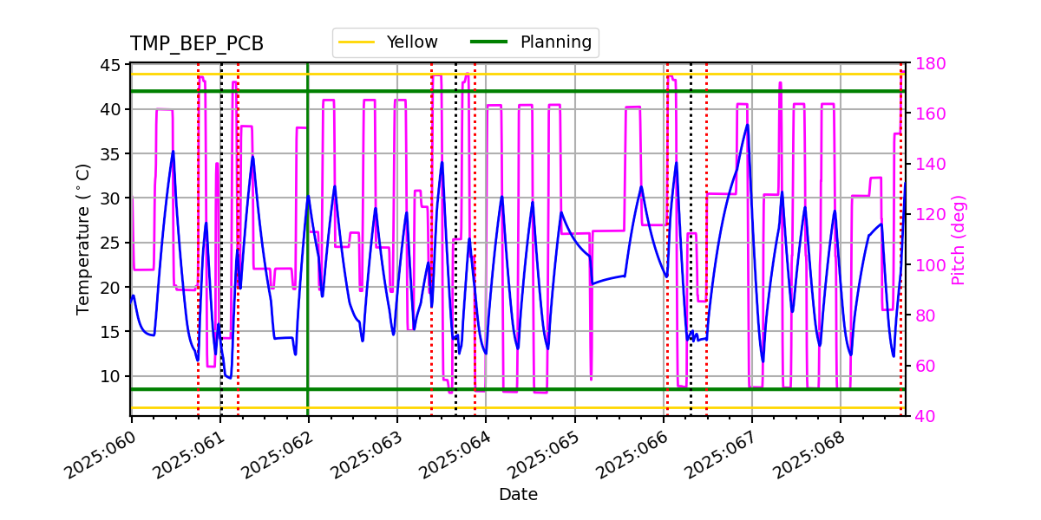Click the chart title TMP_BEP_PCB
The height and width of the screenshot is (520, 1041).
pos(197,44)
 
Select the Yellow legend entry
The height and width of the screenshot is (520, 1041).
pos(411,42)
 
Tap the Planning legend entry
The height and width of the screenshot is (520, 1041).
pos(555,42)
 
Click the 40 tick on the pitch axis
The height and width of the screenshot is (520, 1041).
pos(925,417)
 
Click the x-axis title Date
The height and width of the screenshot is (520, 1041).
pos(518,495)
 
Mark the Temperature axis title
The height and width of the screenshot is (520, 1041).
pos(83,238)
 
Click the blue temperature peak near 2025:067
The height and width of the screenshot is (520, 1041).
pos(747,125)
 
